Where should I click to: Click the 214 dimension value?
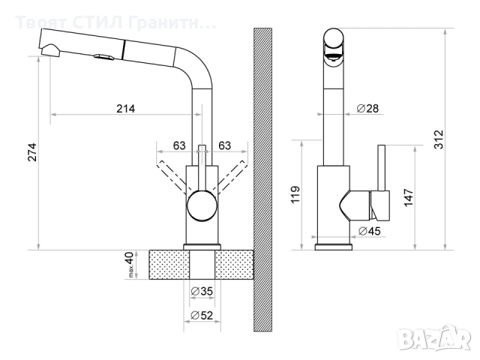coord(125,109)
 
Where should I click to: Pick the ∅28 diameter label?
coord(367,109)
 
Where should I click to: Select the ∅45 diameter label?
coord(368,231)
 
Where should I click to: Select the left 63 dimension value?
coord(179,145)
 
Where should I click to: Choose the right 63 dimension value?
coord(223,145)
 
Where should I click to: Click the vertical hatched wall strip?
coord(262,180)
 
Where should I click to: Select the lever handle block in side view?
coord(379,202)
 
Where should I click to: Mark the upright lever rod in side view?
coord(381,166)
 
